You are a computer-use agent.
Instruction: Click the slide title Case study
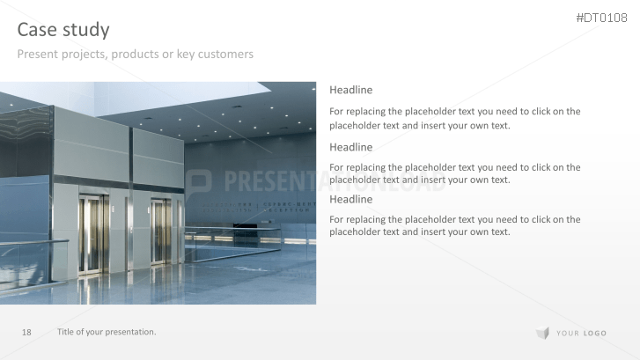[63, 30]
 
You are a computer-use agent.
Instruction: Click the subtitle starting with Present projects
[136, 55]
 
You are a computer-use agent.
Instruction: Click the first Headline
[350, 90]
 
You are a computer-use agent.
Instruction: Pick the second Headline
[350, 147]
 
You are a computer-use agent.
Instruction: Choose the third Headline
[350, 199]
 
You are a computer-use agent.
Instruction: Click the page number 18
[26, 332]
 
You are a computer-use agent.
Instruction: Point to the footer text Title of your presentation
[107, 332]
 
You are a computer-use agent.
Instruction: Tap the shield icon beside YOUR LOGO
[542, 333]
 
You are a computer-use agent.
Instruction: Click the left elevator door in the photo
[92, 234]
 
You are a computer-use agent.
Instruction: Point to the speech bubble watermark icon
[198, 183]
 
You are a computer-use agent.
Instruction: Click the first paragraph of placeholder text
[454, 118]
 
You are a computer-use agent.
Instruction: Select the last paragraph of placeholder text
[454, 225]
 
